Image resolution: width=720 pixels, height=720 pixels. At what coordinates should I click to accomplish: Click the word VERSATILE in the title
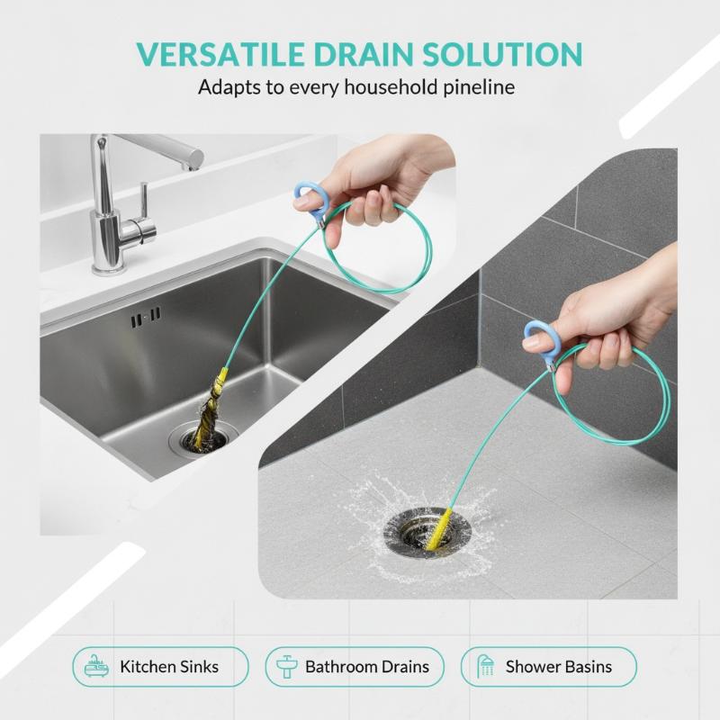pos(220,54)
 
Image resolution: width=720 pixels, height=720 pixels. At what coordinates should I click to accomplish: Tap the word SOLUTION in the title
pos(502,54)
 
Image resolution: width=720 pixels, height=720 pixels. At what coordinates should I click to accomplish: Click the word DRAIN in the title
pos(363,54)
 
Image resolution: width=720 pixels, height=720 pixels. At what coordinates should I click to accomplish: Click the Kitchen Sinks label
pos(169,667)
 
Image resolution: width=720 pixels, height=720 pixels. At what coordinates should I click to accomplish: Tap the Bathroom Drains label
pos(367,667)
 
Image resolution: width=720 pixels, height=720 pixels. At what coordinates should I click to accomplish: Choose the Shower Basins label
pos(558,667)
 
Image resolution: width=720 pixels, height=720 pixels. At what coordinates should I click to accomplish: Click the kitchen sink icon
pos(96,667)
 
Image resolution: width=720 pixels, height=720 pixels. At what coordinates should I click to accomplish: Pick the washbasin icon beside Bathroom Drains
pos(287,667)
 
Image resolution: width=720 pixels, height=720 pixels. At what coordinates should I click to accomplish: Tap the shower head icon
pos(485,667)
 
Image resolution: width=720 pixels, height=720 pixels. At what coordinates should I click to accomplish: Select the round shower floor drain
pos(427,533)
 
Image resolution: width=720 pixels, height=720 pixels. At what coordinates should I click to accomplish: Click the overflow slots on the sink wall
pos(146,317)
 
